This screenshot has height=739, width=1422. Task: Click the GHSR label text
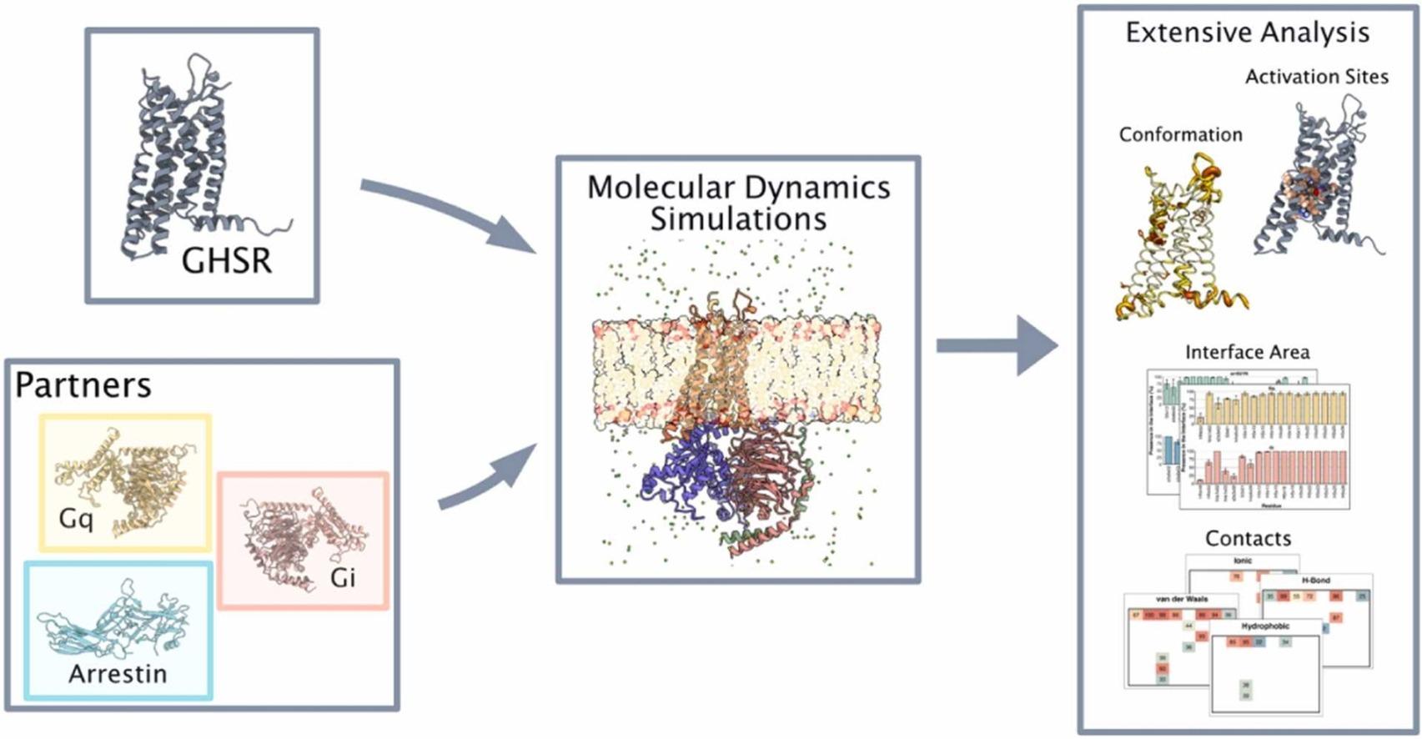[x=226, y=261]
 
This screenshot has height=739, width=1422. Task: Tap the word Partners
[x=83, y=385]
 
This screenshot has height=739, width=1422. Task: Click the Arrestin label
[x=118, y=673]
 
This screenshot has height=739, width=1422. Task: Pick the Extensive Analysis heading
[x=1247, y=33]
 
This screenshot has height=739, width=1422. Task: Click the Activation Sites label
[x=1316, y=77]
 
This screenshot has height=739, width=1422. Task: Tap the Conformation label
[x=1180, y=134]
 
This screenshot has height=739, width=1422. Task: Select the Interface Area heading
[x=1247, y=353]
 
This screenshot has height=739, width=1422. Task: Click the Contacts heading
[x=1248, y=538]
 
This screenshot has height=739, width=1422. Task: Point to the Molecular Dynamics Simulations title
[x=738, y=203]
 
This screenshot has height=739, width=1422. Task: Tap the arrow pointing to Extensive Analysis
[x=997, y=345]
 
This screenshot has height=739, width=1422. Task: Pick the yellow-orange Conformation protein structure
[x=1172, y=242]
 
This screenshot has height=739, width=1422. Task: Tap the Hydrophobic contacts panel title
[x=1264, y=626]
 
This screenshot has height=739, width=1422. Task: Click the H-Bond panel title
[x=1316, y=580]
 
